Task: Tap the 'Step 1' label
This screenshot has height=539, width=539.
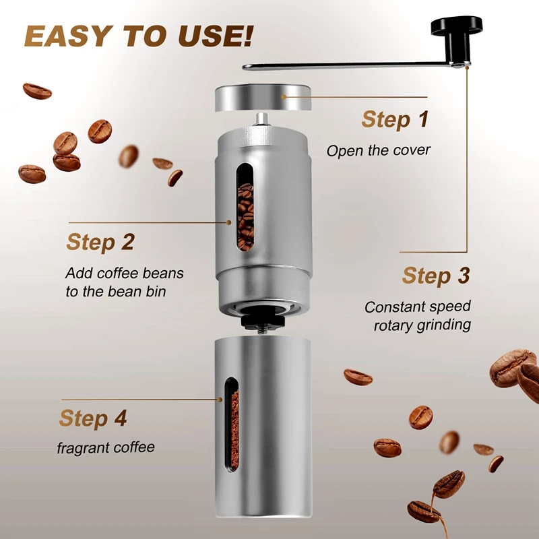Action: pyautogui.click(x=395, y=119)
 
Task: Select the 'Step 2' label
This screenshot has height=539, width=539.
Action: pyautogui.click(x=100, y=242)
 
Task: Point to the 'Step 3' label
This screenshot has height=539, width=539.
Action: pyautogui.click(x=436, y=276)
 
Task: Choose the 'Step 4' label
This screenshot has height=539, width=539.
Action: pyautogui.click(x=93, y=418)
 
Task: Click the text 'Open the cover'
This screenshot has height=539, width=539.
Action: pyautogui.click(x=378, y=150)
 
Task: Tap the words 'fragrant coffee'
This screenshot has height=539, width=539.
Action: pyautogui.click(x=105, y=447)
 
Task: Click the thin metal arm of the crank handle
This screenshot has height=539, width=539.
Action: pyautogui.click(x=350, y=65)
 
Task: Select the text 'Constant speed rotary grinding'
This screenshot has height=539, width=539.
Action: pyautogui.click(x=418, y=315)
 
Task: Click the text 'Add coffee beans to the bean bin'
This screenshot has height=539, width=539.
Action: pyautogui.click(x=125, y=282)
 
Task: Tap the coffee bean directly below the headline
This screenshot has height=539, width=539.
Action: pyautogui.click(x=36, y=91)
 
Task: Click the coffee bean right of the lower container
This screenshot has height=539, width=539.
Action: pyautogui.click(x=357, y=377)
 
